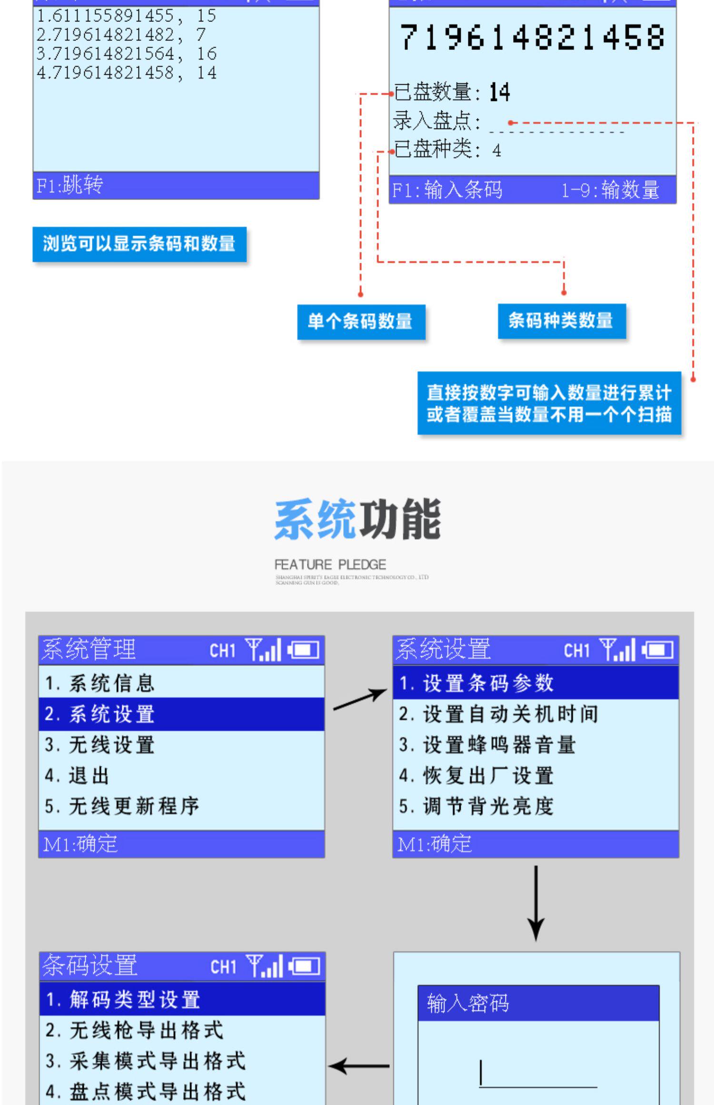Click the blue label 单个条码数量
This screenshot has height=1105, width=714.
361,322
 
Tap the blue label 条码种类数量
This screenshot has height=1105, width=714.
561,321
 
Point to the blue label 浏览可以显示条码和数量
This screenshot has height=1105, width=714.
139,244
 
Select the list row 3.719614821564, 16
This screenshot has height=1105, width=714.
127,54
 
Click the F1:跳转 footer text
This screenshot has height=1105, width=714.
70,185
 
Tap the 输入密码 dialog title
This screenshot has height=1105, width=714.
468,1003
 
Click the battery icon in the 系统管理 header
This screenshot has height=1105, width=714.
304,650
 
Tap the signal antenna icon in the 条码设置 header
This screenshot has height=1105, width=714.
264,966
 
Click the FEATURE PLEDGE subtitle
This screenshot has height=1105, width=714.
330,565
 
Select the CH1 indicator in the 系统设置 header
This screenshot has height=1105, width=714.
576,650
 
